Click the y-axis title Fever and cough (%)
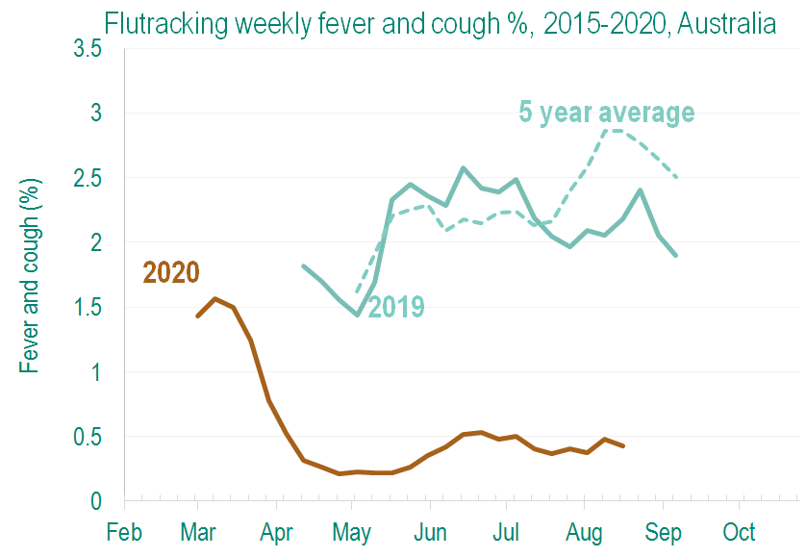[30, 273]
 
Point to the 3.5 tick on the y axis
[88, 49]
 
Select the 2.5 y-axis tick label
[88, 178]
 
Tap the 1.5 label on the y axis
[88, 307]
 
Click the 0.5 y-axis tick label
[88, 437]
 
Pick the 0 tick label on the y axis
[96, 501]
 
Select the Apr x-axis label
[277, 532]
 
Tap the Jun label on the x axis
[430, 532]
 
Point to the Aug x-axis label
[584, 532]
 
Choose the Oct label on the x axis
[739, 532]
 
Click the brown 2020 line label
[171, 272]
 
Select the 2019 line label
[396, 307]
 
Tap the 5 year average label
[606, 113]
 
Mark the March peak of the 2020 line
[215, 298]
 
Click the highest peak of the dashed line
[613, 130]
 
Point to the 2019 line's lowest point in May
[357, 315]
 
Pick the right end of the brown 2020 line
[624, 446]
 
